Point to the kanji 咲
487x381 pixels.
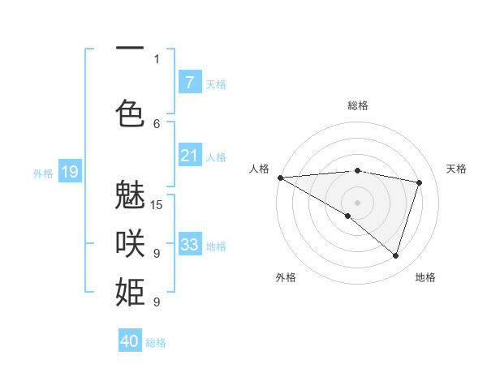click(130, 243)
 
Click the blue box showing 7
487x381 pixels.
click(189, 83)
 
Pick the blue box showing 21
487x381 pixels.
click(189, 156)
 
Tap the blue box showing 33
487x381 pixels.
click(189, 244)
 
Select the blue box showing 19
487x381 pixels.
click(70, 172)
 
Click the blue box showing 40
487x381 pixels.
click(130, 341)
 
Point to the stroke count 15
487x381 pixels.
click(157, 204)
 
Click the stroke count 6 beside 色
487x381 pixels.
click(157, 123)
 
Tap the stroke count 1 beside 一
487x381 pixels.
click(157, 58)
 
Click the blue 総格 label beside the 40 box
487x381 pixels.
click(156, 343)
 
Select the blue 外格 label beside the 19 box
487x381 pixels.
click(43, 173)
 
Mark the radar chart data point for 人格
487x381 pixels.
click(280, 178)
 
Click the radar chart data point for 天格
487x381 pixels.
click(420, 182)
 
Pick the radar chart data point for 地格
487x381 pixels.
click(395, 255)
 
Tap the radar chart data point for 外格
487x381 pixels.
click(348, 216)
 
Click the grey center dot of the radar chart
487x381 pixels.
click(357, 201)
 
